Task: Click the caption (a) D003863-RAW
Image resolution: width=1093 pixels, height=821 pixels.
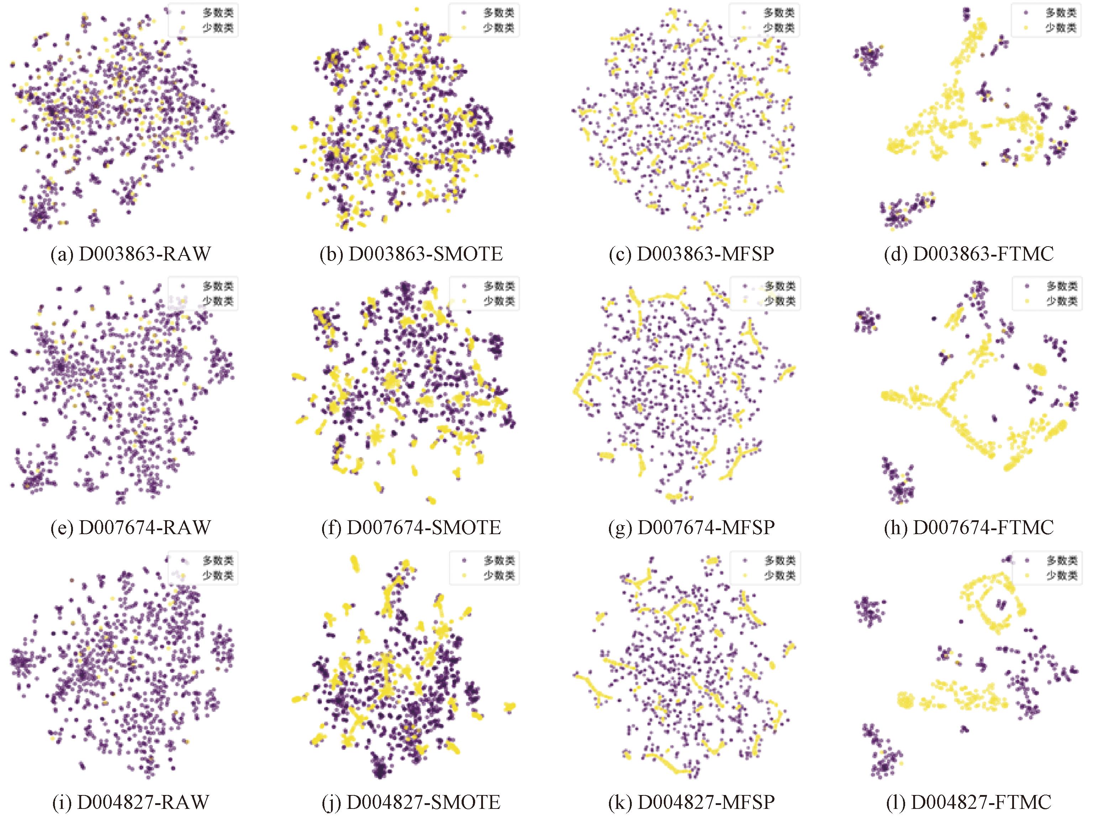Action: pyautogui.click(x=131, y=254)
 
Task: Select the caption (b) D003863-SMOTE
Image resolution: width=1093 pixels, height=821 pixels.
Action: pyautogui.click(x=411, y=254)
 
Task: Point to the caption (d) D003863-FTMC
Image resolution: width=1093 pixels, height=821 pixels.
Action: pyautogui.click(x=969, y=254)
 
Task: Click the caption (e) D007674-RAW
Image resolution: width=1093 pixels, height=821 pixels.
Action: pyautogui.click(x=131, y=527)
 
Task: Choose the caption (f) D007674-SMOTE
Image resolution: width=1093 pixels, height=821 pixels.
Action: pyautogui.click(x=411, y=527)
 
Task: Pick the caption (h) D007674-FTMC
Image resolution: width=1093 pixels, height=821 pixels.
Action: pyautogui.click(x=969, y=527)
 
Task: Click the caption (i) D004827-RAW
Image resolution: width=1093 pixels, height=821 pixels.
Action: pyautogui.click(x=131, y=802)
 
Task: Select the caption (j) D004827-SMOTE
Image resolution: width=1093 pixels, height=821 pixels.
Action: pyautogui.click(x=411, y=802)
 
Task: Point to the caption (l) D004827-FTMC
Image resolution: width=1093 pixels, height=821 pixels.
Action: pyautogui.click(x=969, y=802)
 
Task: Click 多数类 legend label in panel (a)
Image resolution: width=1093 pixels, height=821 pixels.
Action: pyautogui.click(x=218, y=12)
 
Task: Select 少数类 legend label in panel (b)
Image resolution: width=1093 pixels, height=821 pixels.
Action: pyautogui.click(x=499, y=28)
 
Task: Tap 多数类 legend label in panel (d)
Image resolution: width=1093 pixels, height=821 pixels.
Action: pyautogui.click(x=1061, y=12)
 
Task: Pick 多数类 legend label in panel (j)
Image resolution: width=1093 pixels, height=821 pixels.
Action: pyautogui.click(x=499, y=561)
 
